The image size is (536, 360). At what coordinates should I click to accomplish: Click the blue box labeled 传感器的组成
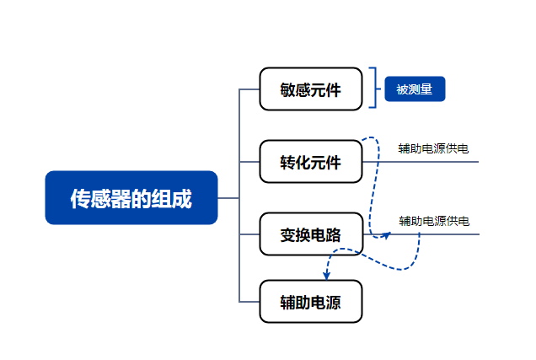pos(131,197)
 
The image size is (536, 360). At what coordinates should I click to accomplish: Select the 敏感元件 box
pos(311,89)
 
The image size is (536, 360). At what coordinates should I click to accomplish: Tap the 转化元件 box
pos(311,161)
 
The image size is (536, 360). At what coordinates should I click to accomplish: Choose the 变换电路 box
pos(311,234)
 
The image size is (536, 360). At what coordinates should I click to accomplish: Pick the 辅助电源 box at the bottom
pos(311,302)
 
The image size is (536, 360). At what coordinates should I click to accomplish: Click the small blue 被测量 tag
pos(415,89)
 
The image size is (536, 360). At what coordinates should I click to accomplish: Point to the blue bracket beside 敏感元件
pos(375,88)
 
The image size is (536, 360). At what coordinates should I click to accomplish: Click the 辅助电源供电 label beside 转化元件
pos(433,148)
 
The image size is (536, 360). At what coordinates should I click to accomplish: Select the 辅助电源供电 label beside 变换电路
pos(434,221)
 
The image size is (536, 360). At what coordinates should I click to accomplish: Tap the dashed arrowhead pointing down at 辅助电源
pos(326,276)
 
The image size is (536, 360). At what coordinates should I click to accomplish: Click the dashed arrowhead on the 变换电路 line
pos(386,235)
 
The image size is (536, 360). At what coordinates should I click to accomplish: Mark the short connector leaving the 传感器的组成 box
pos(228,198)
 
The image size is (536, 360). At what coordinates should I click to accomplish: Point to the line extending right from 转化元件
pos(421,162)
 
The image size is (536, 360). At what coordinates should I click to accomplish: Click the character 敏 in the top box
pos(287,90)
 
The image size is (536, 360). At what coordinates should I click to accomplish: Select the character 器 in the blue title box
pos(121,199)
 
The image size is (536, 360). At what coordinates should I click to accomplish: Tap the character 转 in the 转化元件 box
pos(287,163)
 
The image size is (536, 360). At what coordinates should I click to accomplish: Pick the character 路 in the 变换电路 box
pos(334,235)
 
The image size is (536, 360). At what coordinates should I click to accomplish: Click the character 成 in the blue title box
pos(181,199)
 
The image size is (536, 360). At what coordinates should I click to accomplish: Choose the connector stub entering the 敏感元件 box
pos(249,89)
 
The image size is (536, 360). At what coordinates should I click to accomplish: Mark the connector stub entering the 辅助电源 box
pos(249,302)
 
